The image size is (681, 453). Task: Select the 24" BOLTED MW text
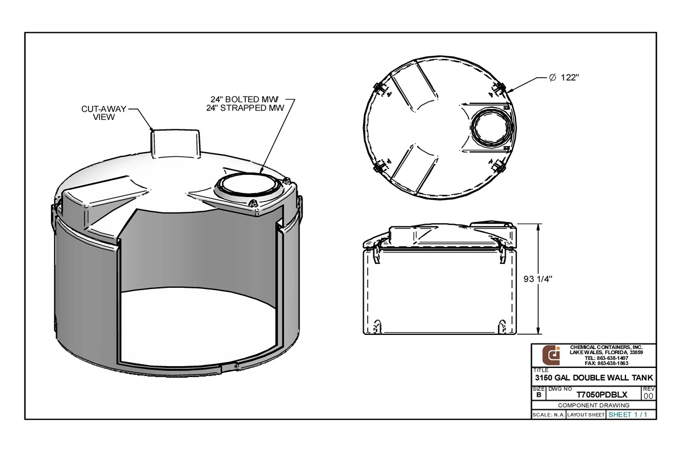click(251, 99)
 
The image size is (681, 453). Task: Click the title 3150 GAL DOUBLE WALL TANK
click(594, 378)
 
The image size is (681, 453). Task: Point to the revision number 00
click(648, 396)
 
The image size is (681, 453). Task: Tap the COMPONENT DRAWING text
click(594, 405)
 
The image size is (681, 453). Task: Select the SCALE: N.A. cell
click(548, 415)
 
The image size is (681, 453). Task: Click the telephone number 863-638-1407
click(606, 358)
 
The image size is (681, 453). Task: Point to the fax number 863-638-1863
click(606, 363)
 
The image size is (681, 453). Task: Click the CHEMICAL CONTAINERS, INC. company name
click(606, 347)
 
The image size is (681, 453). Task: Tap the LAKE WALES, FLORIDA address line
click(606, 353)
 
